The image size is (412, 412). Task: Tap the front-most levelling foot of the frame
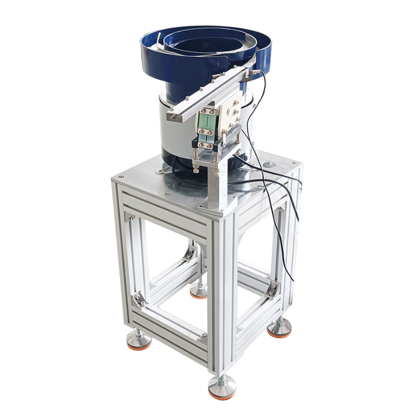[222, 387]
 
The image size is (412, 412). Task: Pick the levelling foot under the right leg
[280, 328]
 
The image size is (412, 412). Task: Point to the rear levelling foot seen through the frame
[198, 291]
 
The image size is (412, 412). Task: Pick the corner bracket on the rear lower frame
[190, 252]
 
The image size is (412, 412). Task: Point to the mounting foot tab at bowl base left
[164, 168]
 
